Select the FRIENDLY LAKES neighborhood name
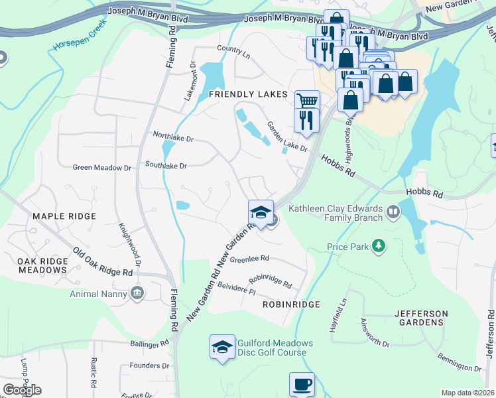(x=248, y=94)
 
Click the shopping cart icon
(x=307, y=101)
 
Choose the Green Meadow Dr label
(x=101, y=168)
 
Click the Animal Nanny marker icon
(x=138, y=293)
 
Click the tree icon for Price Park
(x=379, y=247)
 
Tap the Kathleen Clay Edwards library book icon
(x=394, y=212)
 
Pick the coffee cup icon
(x=302, y=384)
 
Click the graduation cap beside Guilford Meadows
(x=222, y=346)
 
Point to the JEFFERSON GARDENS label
(x=418, y=318)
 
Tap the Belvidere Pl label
(x=236, y=288)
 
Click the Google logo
(x=22, y=390)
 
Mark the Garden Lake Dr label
(x=287, y=137)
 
